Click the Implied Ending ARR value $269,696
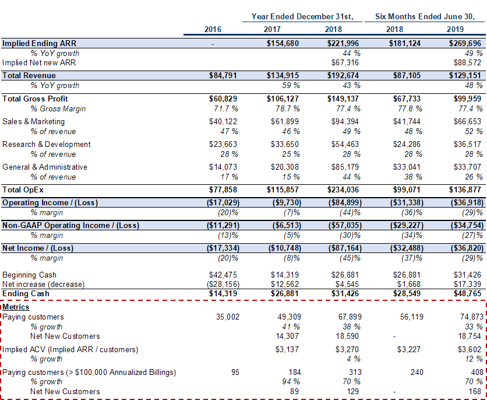tap(465, 43)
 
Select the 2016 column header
tap(213, 29)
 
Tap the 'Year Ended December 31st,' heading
tap(302, 16)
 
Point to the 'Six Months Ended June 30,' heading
tap(425, 16)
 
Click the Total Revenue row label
tap(29, 76)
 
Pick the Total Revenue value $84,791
tap(223, 76)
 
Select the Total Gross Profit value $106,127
tap(283, 99)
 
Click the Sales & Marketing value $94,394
tap(345, 121)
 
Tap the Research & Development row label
tap(46, 144)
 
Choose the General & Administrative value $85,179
tap(345, 167)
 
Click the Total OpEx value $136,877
tap(465, 190)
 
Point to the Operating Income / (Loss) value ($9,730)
tap(287, 203)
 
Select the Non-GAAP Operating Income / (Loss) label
tap(71, 225)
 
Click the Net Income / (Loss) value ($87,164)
tap(345, 248)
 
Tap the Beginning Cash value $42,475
tap(223, 275)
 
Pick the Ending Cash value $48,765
tap(467, 294)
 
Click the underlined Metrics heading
tap(16, 307)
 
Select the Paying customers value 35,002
tap(228, 317)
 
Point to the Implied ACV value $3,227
tap(409, 350)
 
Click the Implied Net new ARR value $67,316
tap(345, 63)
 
